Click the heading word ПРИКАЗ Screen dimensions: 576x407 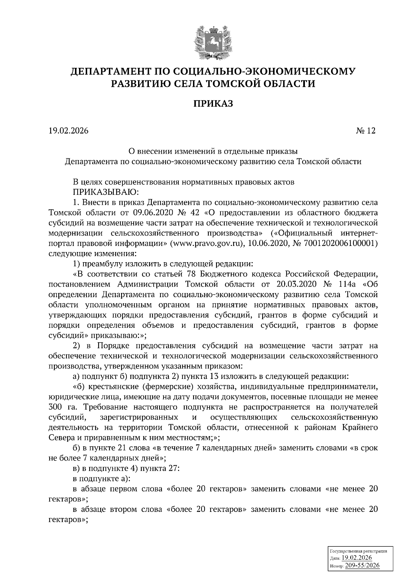tap(213, 103)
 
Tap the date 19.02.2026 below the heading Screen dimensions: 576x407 tap(68, 131)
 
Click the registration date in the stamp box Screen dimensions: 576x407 tap(356, 558)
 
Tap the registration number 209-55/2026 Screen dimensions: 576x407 tap(362, 565)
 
